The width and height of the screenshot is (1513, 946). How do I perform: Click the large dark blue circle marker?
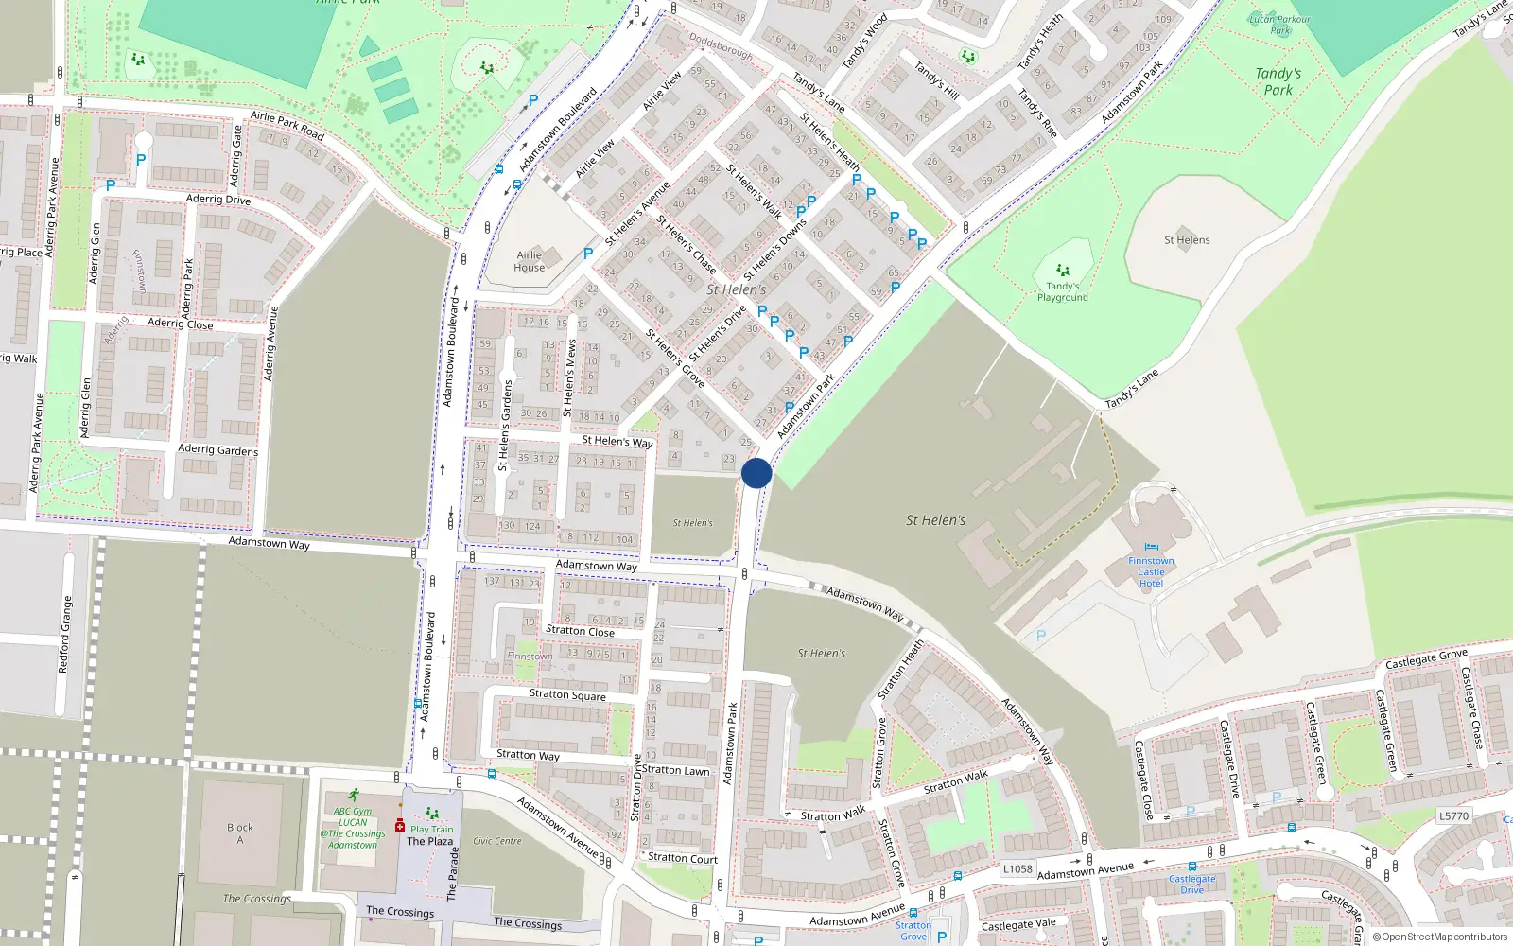[x=756, y=473]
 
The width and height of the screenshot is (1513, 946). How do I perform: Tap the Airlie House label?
[x=530, y=261]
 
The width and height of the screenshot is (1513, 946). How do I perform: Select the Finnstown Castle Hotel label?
[x=1151, y=572]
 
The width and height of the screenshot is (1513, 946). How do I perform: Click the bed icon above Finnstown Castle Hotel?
[x=1151, y=547]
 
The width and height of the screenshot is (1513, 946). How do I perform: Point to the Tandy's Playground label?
[x=1063, y=292]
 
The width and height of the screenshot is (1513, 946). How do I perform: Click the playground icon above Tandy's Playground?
[x=1063, y=271]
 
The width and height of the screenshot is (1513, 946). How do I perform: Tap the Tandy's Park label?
[x=1278, y=81]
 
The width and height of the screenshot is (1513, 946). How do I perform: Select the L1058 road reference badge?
[x=1017, y=868]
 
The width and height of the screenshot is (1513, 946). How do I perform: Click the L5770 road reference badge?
[x=1453, y=815]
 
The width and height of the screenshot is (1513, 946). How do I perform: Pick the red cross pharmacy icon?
[x=400, y=826]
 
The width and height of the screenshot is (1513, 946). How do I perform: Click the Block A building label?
[x=240, y=833]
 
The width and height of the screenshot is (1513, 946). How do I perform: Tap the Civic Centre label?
[x=497, y=841]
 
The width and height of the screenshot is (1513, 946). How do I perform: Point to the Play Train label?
[x=432, y=830]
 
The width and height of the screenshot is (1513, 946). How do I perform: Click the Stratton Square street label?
[x=567, y=694]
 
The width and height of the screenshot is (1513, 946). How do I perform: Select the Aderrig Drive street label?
[x=218, y=199]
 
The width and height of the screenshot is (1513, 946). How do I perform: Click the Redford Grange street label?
[x=64, y=634]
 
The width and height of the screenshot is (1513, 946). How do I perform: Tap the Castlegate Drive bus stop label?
[x=1192, y=884]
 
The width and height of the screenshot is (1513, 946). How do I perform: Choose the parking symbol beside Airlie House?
[x=588, y=254]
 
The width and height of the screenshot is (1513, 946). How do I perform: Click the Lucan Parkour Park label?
[x=1280, y=25]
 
